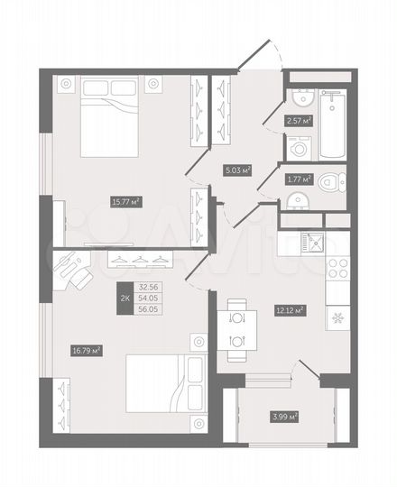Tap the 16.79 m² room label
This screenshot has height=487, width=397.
[85, 350]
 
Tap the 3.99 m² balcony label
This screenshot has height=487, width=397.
[284, 416]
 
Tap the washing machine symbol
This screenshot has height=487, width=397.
[299, 148]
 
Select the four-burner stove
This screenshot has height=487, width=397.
[336, 267]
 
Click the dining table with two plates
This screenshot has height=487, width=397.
[237, 329]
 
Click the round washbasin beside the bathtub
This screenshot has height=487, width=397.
[300, 99]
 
